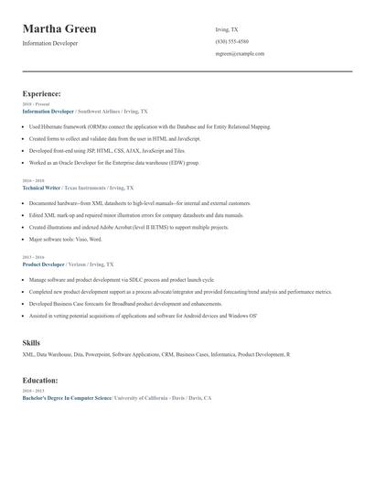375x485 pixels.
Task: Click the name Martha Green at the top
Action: point(59,29)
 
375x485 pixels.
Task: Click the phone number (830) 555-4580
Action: point(231,41)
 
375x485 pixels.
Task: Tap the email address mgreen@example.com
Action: point(240,54)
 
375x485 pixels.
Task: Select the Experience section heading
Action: point(41,93)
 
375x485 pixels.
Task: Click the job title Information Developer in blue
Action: point(47,111)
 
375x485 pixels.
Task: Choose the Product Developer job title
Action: point(43,264)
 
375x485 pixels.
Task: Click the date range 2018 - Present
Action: point(36,104)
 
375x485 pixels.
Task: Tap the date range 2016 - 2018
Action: point(34,180)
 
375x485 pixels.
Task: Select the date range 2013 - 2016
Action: point(34,257)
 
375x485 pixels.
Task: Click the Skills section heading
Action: point(31,342)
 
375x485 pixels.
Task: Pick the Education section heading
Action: point(40,380)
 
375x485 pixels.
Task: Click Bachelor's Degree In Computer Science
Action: point(67,398)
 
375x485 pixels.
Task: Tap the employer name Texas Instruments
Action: point(88,187)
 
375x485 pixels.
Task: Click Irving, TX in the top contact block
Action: point(227,29)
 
